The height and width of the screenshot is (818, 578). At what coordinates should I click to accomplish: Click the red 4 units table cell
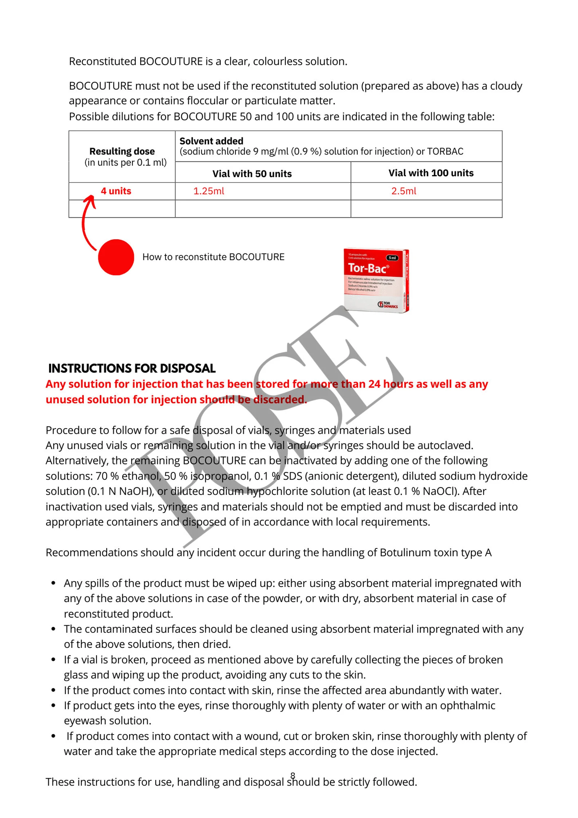click(116, 191)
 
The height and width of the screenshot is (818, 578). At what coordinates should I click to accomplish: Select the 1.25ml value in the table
click(208, 191)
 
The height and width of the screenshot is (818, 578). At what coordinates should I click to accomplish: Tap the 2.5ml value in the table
click(403, 191)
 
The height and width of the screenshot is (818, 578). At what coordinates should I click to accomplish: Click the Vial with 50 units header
click(252, 174)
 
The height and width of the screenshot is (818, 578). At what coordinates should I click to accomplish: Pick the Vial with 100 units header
click(431, 173)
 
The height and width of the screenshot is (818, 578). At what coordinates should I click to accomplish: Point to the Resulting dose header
click(122, 151)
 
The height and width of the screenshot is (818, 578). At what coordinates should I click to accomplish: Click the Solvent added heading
click(211, 141)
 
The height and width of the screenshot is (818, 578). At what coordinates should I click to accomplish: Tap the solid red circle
click(116, 257)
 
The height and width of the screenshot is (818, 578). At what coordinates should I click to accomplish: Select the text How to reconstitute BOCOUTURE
click(213, 257)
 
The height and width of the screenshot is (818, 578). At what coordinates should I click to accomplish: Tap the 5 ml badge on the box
click(392, 258)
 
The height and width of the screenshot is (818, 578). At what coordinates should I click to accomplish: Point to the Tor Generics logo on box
click(387, 304)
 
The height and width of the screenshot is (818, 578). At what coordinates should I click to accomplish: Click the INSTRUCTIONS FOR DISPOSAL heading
click(132, 368)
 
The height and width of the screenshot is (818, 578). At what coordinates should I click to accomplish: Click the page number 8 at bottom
click(292, 775)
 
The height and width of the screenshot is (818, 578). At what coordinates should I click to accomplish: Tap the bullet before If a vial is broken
click(54, 660)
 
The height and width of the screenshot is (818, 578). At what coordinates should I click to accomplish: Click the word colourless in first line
click(277, 61)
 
